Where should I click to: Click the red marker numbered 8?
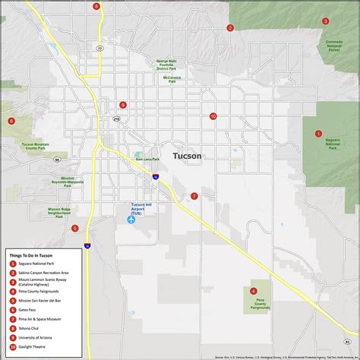point(96,6)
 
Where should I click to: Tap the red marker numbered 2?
point(229,28)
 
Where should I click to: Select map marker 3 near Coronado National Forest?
point(325,21)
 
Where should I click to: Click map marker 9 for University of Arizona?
point(122,106)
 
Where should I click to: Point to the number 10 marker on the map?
point(213,116)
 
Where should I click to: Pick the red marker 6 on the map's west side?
point(11,121)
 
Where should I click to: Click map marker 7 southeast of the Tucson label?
point(194,196)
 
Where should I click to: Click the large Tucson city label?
point(188,156)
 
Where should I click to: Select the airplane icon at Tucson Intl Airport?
point(131,219)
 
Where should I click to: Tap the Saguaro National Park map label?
point(332,144)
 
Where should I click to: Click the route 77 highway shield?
point(99,48)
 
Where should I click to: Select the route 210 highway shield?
point(116,119)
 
